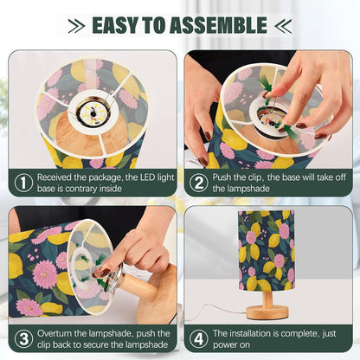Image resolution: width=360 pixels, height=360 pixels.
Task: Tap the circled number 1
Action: pos(23,183)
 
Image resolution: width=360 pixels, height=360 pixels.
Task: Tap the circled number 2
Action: pos(199,183)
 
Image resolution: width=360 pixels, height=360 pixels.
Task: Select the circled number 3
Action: pos(23,338)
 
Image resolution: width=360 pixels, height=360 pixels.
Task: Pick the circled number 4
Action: pos(199,338)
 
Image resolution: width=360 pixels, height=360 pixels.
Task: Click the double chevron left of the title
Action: pos(76,26)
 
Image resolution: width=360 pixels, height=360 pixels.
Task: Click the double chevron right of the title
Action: pos(283,26)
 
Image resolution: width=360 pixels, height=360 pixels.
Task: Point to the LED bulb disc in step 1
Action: pos(93,114)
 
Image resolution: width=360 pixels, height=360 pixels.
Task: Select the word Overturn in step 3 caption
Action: pos(55,333)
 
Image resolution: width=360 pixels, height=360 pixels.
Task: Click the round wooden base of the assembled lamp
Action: pos(267,313)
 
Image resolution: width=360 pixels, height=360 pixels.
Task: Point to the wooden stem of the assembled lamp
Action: pos(267,299)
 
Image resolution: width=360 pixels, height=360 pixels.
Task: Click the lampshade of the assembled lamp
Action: pos(267,250)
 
